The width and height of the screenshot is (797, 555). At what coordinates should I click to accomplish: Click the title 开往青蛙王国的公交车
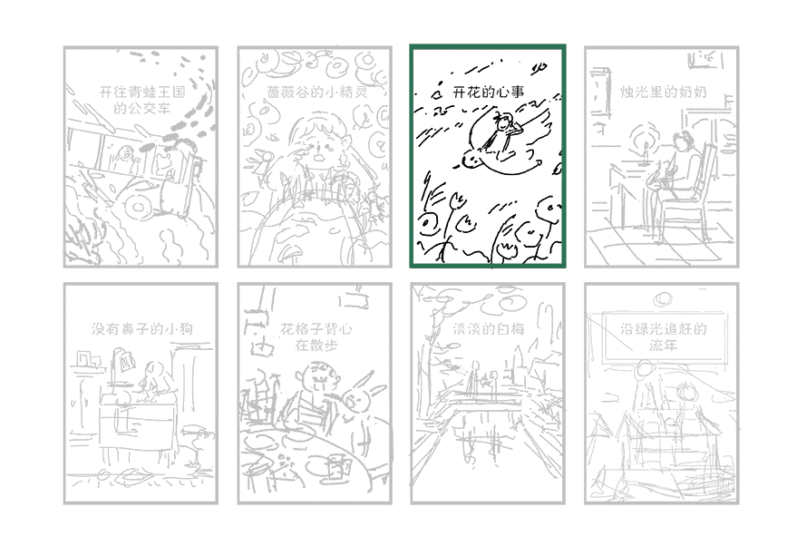pyautogui.click(x=141, y=100)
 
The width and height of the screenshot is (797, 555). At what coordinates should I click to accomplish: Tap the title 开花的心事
pyautogui.click(x=488, y=92)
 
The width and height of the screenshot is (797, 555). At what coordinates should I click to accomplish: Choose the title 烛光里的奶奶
pyautogui.click(x=663, y=92)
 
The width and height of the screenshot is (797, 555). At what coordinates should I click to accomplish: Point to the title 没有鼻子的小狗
pyautogui.click(x=141, y=329)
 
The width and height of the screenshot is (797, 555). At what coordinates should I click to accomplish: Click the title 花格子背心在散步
pyautogui.click(x=316, y=336)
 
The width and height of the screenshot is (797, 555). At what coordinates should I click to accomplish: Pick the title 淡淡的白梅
pyautogui.click(x=488, y=329)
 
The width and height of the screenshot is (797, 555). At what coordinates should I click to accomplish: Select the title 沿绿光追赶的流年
pyautogui.click(x=663, y=336)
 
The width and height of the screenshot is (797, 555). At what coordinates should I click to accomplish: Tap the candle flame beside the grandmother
pyautogui.click(x=645, y=138)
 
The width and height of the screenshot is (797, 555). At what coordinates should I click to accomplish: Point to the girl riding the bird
pyautogui.click(x=502, y=131)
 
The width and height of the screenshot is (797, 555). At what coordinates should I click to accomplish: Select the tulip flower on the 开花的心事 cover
pyautogui.click(x=458, y=201)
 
